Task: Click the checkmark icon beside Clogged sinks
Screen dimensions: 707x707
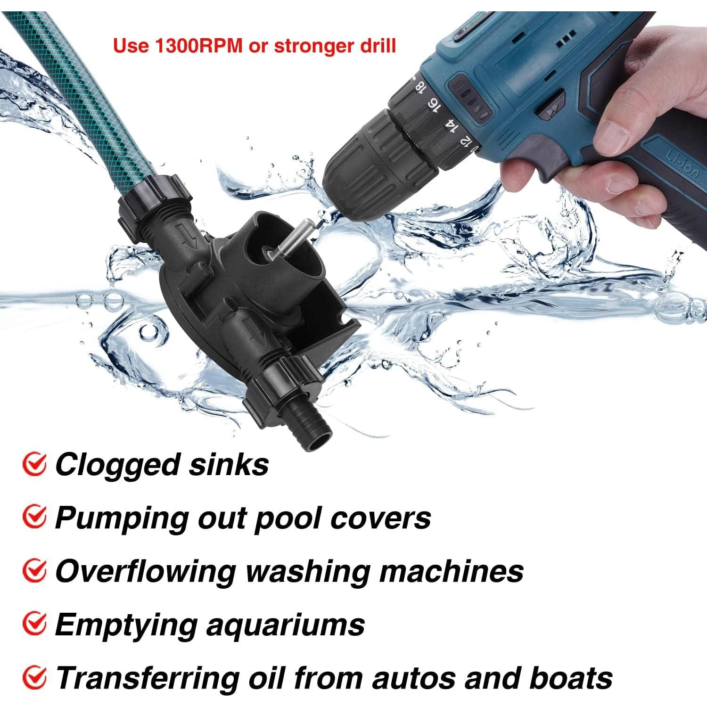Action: [34, 464]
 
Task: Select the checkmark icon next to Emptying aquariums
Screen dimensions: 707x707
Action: [34, 624]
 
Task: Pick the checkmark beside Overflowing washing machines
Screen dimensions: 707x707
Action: [34, 571]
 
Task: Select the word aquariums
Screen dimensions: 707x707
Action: [286, 625]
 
